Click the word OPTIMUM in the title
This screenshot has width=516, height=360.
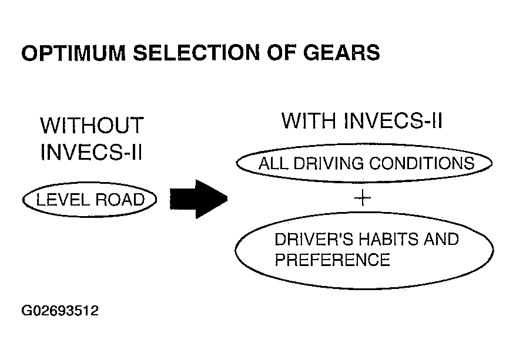[x=73, y=53]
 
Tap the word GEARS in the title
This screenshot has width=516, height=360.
[x=341, y=53]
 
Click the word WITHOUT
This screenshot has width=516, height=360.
[x=92, y=125]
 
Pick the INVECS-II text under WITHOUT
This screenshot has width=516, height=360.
[x=92, y=152]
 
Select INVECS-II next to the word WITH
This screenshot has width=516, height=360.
[x=393, y=120]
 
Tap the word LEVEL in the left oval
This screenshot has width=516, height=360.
[x=62, y=200]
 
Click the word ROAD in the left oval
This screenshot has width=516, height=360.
[x=120, y=200]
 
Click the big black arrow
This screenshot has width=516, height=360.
[x=199, y=199]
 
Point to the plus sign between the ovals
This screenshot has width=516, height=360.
[x=363, y=197]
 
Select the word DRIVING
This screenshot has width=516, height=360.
[x=329, y=163]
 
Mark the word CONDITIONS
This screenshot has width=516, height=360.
[x=422, y=163]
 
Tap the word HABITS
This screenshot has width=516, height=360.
[x=388, y=239]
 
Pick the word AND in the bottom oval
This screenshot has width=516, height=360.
[x=441, y=239]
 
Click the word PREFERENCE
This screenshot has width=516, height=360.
[x=333, y=260]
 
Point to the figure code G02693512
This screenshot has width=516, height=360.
[x=60, y=311]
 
